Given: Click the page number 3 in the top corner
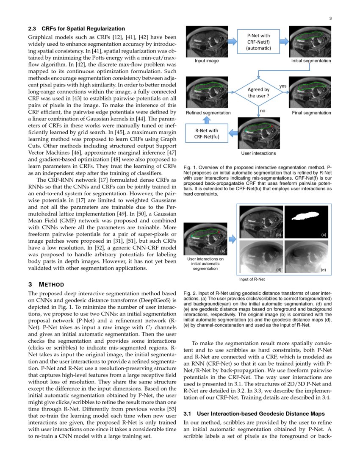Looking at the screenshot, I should click(x=330, y=18).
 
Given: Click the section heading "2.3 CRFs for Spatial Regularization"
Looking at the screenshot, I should click(x=76, y=29).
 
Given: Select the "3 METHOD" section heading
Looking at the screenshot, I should click(x=46, y=284).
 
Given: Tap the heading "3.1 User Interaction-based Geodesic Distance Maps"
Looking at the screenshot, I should click(x=255, y=413).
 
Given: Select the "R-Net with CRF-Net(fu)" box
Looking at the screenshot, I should click(x=206, y=133).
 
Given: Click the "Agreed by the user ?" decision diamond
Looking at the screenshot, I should click(x=258, y=92).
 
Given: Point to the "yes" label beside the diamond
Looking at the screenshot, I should click(x=283, y=86).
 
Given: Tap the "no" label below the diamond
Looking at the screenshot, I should click(x=263, y=111).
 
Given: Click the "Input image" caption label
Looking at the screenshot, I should click(x=207, y=61).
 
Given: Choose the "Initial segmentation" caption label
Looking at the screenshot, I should click(x=311, y=61).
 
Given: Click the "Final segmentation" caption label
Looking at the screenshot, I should click(x=311, y=113).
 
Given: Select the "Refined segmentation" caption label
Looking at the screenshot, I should click(x=208, y=113).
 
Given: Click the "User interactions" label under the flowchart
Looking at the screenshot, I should click(x=258, y=153).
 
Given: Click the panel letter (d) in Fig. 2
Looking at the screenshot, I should click(x=278, y=269).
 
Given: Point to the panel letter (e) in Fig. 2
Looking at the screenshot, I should click(x=323, y=269).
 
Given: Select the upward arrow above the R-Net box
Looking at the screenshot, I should click(x=206, y=119).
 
